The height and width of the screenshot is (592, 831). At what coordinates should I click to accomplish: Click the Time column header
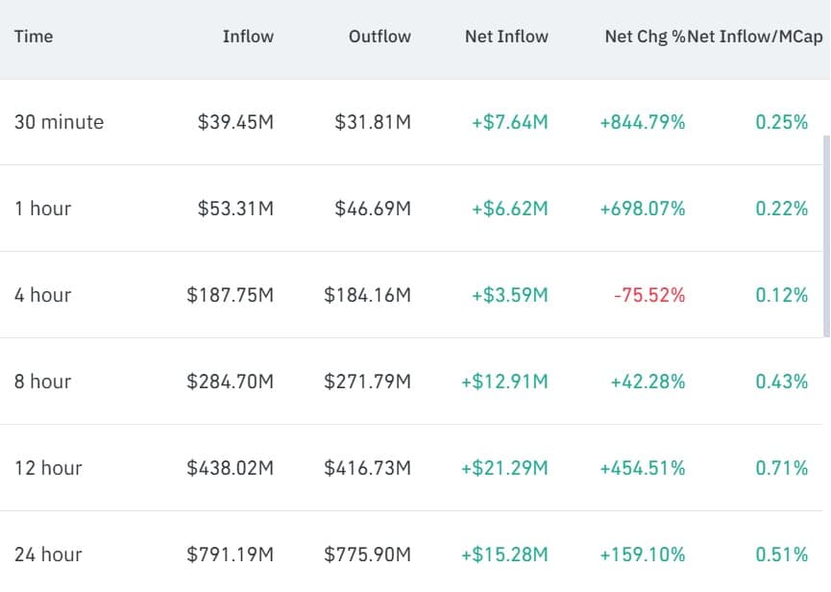(x=34, y=37)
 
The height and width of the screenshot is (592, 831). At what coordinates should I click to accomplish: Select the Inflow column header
(x=248, y=37)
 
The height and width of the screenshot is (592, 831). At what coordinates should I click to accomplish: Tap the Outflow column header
(x=379, y=37)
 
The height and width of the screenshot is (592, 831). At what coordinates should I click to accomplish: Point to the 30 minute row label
(x=59, y=122)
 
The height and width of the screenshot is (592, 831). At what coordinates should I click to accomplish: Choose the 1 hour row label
(x=42, y=209)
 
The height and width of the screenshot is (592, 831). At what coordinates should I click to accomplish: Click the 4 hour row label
(x=42, y=295)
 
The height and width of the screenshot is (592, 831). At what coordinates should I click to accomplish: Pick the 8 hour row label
(x=42, y=382)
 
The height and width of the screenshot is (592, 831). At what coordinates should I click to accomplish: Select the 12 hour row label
(x=48, y=468)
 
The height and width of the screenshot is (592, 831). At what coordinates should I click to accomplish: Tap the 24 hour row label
(x=48, y=555)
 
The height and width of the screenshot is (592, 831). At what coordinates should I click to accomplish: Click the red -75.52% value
(x=648, y=295)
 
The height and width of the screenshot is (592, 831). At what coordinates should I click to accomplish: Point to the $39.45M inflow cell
(x=235, y=122)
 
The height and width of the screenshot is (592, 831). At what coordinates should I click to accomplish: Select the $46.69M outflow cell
(x=373, y=209)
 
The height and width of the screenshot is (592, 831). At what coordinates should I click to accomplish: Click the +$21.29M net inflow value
(x=504, y=468)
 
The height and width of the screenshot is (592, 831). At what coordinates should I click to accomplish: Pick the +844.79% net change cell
(x=642, y=122)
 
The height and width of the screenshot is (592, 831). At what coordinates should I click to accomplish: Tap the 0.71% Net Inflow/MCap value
(x=781, y=468)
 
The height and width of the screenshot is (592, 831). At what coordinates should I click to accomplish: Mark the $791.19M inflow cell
(x=230, y=555)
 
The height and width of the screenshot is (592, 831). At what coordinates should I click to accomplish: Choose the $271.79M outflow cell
(x=367, y=382)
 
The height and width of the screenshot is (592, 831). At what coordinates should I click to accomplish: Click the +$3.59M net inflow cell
(x=509, y=295)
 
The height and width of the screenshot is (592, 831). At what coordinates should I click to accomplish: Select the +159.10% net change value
(x=642, y=555)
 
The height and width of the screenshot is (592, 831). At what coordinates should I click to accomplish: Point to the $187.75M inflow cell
(x=230, y=295)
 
